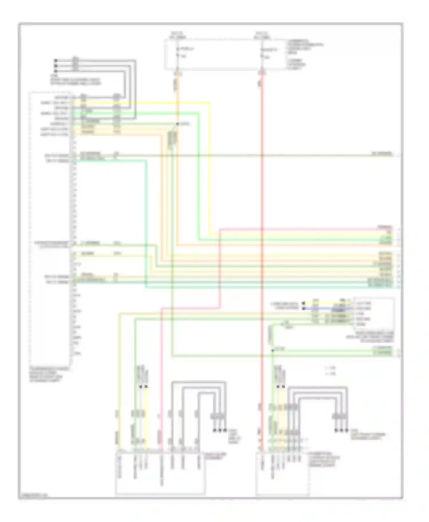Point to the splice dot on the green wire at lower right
click(x=273, y=349)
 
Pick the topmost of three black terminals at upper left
click(x=56, y=61)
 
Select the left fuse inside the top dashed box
click(x=178, y=53)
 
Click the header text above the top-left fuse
click(x=178, y=35)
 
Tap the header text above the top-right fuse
click(x=262, y=35)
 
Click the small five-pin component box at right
click(x=374, y=314)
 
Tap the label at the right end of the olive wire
click(x=382, y=154)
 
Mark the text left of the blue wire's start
click(x=286, y=306)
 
